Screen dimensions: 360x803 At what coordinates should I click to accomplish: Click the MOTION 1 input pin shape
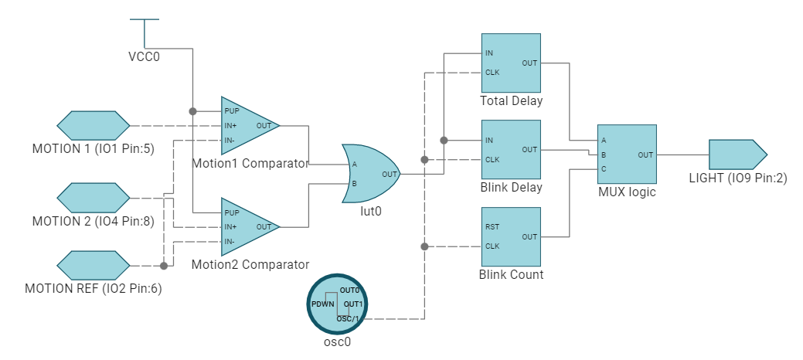(x=94, y=124)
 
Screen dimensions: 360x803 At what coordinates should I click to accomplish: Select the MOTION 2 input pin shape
(x=94, y=197)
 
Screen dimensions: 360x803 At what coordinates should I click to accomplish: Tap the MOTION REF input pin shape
(x=94, y=265)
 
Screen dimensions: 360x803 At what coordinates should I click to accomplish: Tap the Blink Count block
(x=510, y=236)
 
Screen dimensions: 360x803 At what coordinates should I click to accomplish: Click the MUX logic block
(x=626, y=155)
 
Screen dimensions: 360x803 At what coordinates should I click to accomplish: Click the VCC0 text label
(x=144, y=56)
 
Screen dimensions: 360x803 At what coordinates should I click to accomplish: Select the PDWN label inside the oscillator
(x=322, y=305)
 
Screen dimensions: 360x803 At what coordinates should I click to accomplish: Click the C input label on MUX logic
(x=603, y=168)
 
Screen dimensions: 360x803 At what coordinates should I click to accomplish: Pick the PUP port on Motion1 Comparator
(x=231, y=111)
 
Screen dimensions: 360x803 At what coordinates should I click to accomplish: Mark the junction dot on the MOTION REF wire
(x=164, y=266)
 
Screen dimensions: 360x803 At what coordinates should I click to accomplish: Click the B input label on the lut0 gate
(x=354, y=184)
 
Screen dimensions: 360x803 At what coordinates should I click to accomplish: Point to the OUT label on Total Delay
(x=529, y=63)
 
